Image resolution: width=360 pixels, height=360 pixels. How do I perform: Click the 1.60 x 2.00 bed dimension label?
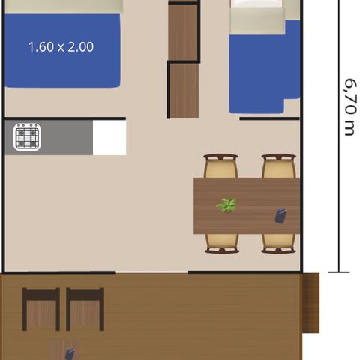tap(61, 47)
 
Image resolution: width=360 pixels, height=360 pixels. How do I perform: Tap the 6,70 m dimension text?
tap(350, 107)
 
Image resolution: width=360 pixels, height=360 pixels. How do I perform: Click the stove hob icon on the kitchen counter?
tap(27, 137)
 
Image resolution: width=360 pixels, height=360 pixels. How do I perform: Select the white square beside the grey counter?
tap(109, 137)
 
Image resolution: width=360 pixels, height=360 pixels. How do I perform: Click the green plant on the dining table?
tap(226, 205)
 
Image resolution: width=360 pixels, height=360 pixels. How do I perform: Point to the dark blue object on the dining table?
tap(280, 216)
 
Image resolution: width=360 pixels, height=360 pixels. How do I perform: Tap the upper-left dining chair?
tap(220, 166)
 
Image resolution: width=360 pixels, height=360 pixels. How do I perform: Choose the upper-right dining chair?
tap(279, 166)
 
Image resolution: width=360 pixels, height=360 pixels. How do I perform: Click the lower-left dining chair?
tap(222, 244)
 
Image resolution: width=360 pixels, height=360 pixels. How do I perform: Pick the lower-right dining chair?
tap(279, 244)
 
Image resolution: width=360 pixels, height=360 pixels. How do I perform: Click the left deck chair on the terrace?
tap(41, 309)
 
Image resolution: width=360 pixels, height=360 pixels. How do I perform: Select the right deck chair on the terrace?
tap(85, 309)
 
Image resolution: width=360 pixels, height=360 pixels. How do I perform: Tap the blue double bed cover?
tap(62, 51)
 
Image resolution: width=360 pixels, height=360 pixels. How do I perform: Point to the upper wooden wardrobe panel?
tap(183, 32)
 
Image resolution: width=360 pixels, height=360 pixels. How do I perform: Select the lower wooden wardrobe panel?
tap(184, 91)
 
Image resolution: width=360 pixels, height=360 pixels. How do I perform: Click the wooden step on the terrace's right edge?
tap(310, 303)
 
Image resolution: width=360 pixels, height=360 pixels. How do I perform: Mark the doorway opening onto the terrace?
tap(151, 272)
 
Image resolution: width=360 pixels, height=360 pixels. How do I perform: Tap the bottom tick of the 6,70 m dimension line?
tap(339, 271)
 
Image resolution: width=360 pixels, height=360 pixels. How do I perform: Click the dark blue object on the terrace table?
tap(70, 354)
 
